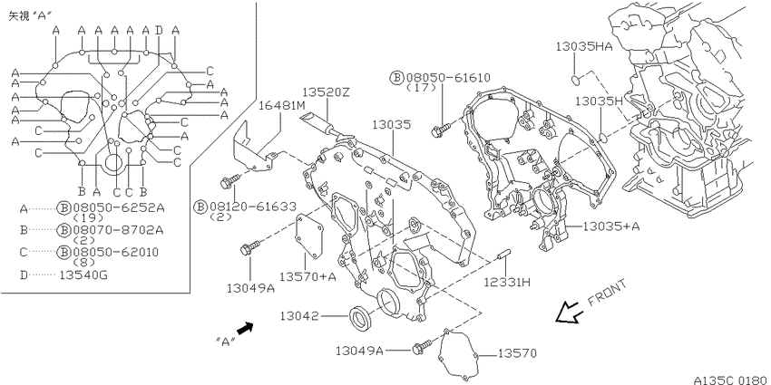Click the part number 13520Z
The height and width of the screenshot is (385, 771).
[x=326, y=91]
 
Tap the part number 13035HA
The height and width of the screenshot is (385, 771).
[x=584, y=46]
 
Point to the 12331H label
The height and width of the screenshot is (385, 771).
[x=506, y=282]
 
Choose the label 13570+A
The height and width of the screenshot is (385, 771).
[x=307, y=276]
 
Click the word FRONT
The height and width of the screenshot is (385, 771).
[x=607, y=293]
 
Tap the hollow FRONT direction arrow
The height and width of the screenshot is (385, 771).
[x=570, y=313]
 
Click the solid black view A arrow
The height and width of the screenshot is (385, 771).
[x=244, y=328]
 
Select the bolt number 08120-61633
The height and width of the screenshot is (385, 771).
[x=253, y=207]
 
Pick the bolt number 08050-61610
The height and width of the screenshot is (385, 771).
[x=447, y=78]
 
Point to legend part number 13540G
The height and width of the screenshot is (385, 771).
[x=83, y=275]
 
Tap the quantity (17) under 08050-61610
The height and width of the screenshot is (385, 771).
[x=422, y=88]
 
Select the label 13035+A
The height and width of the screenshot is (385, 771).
[x=611, y=226]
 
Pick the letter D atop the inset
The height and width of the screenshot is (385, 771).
[x=159, y=31]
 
